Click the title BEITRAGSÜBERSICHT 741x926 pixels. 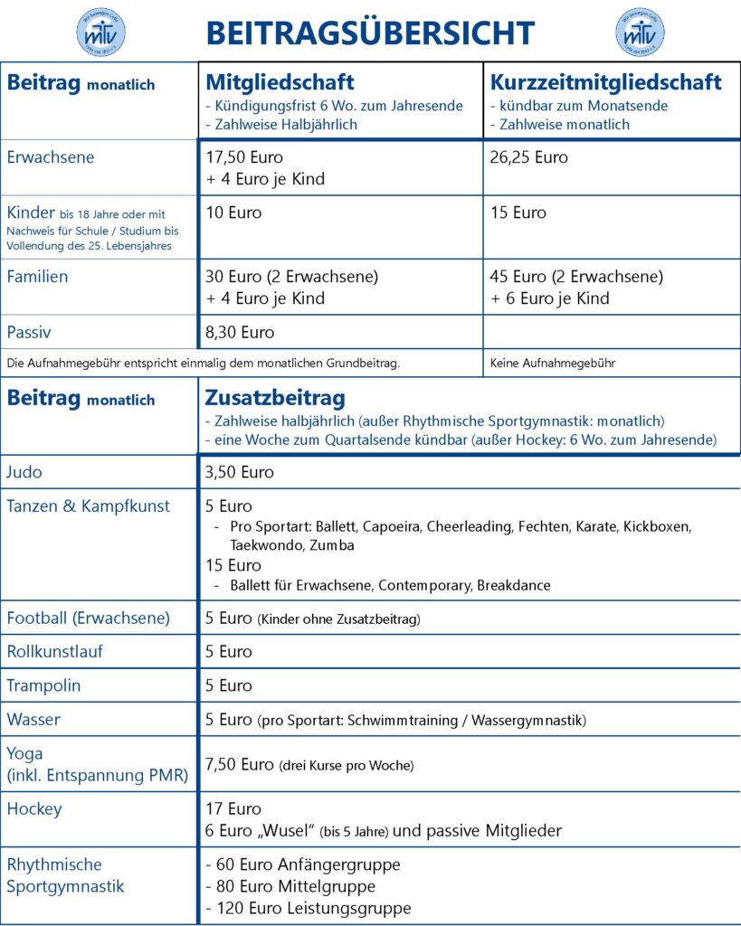[x=370, y=33]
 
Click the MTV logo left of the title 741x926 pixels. [x=100, y=33]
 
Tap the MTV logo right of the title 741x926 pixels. [x=640, y=33]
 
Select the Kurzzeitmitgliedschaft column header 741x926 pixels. [x=605, y=82]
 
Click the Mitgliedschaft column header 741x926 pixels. [x=280, y=82]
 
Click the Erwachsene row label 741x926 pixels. [x=51, y=157]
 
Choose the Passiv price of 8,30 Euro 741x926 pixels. [x=240, y=332]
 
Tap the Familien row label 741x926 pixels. [x=37, y=277]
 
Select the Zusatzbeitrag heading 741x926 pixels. [x=275, y=399]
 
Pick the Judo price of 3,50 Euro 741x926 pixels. [x=240, y=472]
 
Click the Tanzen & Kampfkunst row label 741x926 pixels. [x=88, y=506]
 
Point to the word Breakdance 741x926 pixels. [x=512, y=585]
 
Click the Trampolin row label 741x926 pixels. [x=43, y=685]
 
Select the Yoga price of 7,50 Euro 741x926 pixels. [x=240, y=765]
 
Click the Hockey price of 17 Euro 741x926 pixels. [x=233, y=808]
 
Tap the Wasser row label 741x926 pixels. [x=33, y=720]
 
